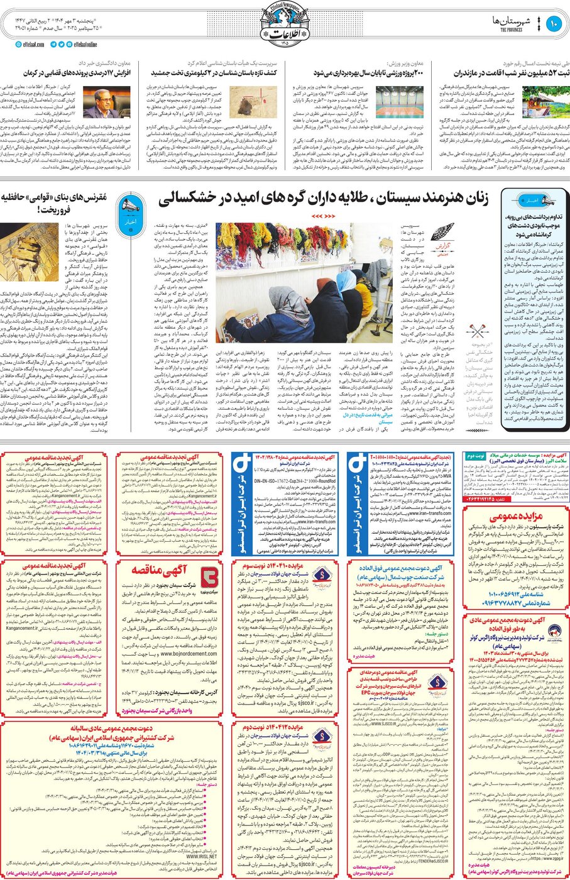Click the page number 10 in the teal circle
[554, 24]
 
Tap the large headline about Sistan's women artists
[323, 200]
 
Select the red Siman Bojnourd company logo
[208, 575]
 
